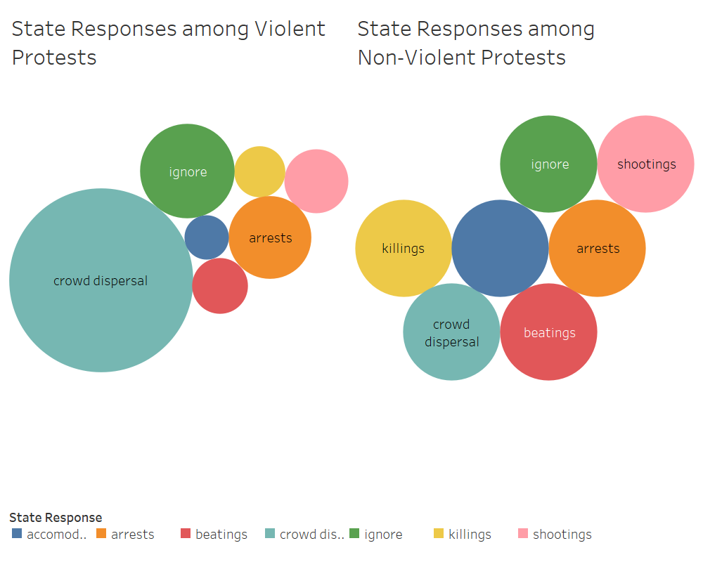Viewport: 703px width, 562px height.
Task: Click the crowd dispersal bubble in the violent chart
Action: tap(101, 280)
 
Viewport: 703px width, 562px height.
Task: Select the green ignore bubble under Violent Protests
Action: tap(187, 171)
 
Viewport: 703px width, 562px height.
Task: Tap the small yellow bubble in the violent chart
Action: tap(259, 171)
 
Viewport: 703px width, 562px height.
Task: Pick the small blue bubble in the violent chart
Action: tap(207, 237)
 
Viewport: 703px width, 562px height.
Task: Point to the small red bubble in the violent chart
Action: tap(220, 286)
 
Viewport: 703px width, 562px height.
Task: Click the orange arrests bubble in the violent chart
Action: tap(270, 237)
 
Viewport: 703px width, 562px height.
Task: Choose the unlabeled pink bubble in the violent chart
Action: tap(316, 181)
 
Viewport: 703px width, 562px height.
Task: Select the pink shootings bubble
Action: tap(645, 164)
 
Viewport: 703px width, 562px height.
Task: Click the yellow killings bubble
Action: tap(403, 248)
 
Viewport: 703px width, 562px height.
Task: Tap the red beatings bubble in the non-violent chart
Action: tap(548, 332)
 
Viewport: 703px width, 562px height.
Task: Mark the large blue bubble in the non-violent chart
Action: tap(500, 248)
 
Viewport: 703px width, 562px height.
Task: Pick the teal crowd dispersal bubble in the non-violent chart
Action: tap(451, 332)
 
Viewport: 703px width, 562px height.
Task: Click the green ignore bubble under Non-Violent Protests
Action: tap(548, 164)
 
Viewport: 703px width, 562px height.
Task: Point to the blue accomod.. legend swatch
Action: tap(17, 534)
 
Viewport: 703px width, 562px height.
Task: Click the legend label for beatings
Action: tap(221, 535)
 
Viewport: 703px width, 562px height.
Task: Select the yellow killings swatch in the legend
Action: tap(439, 534)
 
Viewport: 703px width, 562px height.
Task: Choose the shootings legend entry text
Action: tap(562, 535)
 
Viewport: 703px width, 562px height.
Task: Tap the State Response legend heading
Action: tap(56, 518)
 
